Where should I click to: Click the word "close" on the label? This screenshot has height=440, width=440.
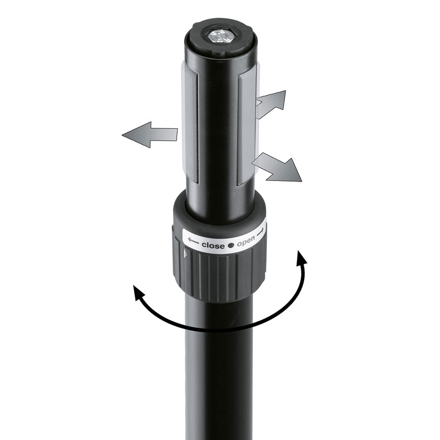(x=213, y=245)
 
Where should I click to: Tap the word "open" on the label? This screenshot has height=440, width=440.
(x=246, y=241)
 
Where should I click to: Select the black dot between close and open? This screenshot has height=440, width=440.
(x=230, y=245)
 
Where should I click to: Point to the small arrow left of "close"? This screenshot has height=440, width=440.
(x=194, y=241)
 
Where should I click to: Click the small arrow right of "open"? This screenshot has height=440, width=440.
(x=260, y=232)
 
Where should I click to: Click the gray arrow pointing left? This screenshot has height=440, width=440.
(x=150, y=135)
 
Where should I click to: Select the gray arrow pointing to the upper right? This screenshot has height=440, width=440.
(x=271, y=104)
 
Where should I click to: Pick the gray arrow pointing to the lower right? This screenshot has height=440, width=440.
(x=277, y=167)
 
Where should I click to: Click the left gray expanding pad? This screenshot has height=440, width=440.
(x=190, y=123)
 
